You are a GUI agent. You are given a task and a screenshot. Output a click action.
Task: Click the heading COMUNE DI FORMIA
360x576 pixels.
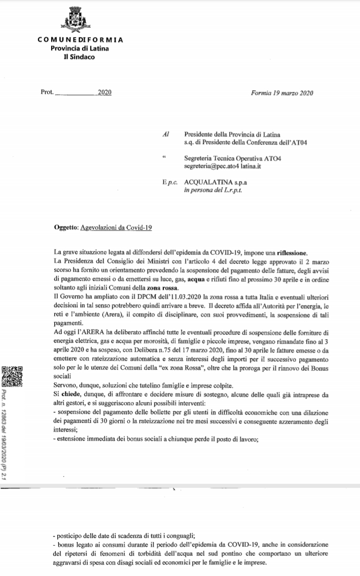[x=80, y=40]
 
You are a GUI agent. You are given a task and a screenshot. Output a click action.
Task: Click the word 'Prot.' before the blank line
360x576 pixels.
[x=47, y=93]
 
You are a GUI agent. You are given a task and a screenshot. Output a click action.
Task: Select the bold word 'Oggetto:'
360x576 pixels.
[x=65, y=228]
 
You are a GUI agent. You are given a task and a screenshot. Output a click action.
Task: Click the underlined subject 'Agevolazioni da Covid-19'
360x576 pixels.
[x=116, y=228]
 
